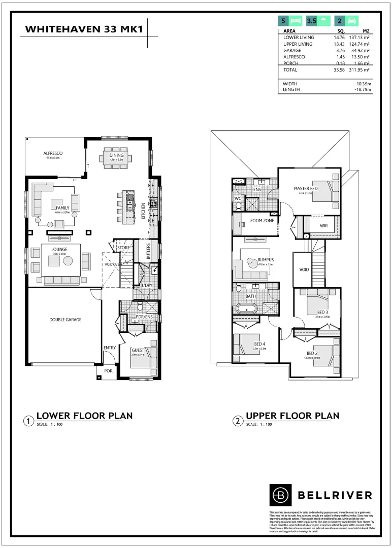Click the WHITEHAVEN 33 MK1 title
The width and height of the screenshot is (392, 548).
point(84,30)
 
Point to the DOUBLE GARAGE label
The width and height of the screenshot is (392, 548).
point(65,320)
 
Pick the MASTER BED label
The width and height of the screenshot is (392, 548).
point(306,189)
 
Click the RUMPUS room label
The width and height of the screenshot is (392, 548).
point(266,259)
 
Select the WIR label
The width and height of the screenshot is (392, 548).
point(323,225)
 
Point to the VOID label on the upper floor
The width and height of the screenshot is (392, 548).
point(303,269)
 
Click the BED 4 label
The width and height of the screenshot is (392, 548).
point(260,344)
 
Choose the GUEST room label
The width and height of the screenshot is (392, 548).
point(138,350)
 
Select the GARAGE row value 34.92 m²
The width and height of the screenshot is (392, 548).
point(361,51)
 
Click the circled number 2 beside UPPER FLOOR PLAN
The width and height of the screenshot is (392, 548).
point(237,421)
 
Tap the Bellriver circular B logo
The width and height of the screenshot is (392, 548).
point(279,494)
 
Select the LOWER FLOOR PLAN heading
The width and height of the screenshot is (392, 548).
point(84,416)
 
